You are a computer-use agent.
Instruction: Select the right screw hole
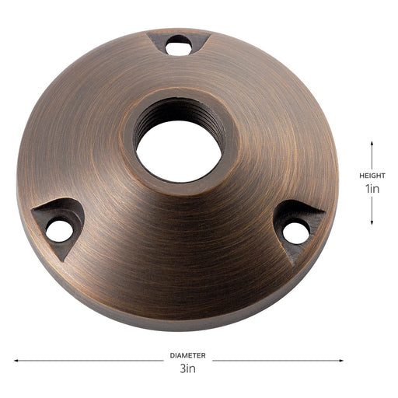pyautogui.click(x=295, y=230)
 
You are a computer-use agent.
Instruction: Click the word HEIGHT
pyautogui.click(x=372, y=176)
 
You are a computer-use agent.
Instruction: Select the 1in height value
pyautogui.click(x=372, y=189)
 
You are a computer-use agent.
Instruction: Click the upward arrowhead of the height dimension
pyautogui.click(x=372, y=145)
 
